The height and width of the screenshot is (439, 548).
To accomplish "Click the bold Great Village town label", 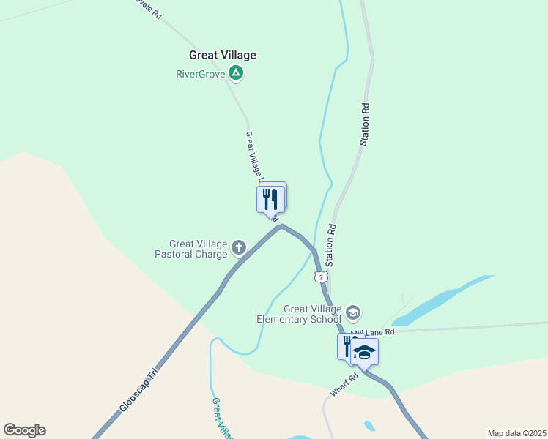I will [223, 55].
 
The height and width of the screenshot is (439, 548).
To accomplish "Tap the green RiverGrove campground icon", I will [235, 73].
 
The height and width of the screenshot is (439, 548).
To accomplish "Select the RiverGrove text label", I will [200, 73].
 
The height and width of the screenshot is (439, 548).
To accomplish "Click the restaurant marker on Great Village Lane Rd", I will [270, 198].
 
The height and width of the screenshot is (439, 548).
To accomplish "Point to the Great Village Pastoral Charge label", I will [198, 249].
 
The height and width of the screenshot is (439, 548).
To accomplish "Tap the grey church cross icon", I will [238, 249].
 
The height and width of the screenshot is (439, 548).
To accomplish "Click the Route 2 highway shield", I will [320, 276].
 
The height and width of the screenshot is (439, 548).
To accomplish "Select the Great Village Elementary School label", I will [299, 314].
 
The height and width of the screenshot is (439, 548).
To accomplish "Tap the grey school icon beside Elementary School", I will [353, 313].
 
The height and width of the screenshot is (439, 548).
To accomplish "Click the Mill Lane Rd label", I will [372, 332].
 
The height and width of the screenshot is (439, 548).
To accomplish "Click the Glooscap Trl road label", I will [138, 394].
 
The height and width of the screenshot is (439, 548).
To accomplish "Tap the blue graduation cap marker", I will [364, 352].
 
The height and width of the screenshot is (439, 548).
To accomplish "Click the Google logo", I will [24, 430].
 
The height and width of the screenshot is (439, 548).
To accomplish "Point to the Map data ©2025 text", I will [516, 433].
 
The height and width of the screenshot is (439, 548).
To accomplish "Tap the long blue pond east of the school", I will [440, 301].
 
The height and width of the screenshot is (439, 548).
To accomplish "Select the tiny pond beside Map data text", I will [369, 425].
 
